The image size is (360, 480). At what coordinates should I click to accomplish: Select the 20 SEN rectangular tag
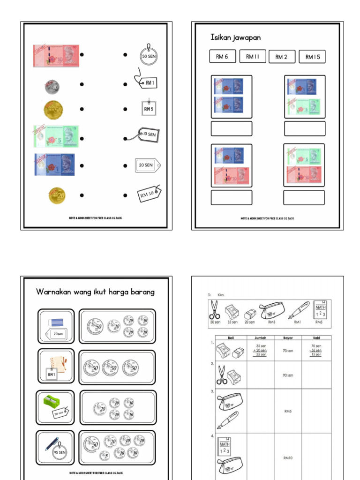pyautogui.click(x=147, y=165)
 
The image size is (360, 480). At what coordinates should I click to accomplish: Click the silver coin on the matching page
pyautogui.click(x=52, y=86)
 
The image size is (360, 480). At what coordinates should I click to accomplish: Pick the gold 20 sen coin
pyautogui.click(x=57, y=195)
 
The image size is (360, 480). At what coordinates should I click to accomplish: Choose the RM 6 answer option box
pyautogui.click(x=222, y=57)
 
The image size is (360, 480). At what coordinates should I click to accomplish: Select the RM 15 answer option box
pyautogui.click(x=312, y=57)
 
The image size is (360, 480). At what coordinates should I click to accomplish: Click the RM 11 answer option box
pyautogui.click(x=252, y=57)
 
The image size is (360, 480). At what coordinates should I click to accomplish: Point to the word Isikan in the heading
pyautogui.click(x=223, y=37)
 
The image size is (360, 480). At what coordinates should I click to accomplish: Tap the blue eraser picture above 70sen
pyautogui.click(x=56, y=322)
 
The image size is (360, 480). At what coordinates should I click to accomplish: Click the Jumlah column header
pyautogui.click(x=261, y=337)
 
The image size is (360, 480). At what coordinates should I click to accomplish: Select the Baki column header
pyautogui.click(x=317, y=337)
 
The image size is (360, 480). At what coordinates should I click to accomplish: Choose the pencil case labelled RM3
pyautogui.click(x=272, y=310)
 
